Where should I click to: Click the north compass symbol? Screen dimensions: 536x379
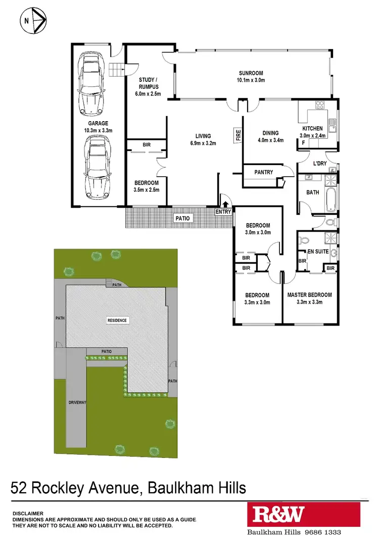(x=33, y=21)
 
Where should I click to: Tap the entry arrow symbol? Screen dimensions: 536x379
(x=225, y=204)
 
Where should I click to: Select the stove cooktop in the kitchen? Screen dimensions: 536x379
(x=319, y=105)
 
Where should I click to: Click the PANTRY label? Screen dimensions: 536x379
(x=264, y=172)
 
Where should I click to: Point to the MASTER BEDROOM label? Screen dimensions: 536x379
(x=309, y=295)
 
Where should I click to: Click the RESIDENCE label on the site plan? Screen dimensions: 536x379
(x=117, y=320)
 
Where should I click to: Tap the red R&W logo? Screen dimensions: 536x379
(x=279, y=515)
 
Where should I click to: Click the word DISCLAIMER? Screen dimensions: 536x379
(x=28, y=513)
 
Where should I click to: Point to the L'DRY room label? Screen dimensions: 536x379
(x=320, y=164)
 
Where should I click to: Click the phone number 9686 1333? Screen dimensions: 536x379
(x=321, y=532)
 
